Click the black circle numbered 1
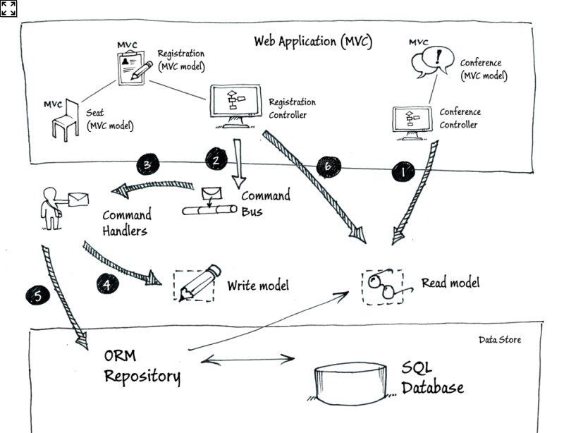[403, 170]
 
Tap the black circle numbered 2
[216, 160]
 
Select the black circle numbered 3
[147, 165]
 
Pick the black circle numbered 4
[107, 283]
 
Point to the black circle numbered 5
[38, 295]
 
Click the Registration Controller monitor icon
[233, 106]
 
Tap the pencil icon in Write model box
[195, 285]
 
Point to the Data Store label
[500, 340]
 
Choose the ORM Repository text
[142, 365]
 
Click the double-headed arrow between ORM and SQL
[247, 360]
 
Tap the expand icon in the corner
[8, 8]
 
